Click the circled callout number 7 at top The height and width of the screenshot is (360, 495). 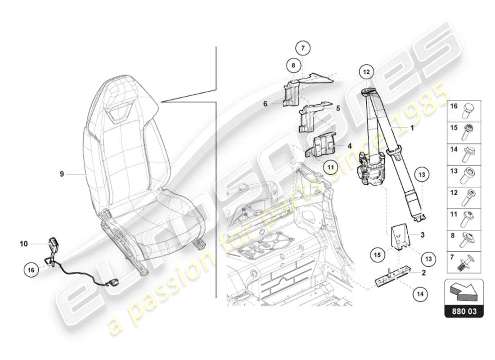click(303, 47)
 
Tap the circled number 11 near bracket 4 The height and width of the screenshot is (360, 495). click(331, 166)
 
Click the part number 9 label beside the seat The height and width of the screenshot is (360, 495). click(62, 173)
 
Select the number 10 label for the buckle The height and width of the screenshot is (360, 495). click(24, 244)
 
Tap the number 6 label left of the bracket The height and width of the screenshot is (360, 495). click(265, 103)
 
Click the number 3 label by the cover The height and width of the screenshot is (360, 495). click(422, 234)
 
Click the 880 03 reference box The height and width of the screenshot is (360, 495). click(464, 311)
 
